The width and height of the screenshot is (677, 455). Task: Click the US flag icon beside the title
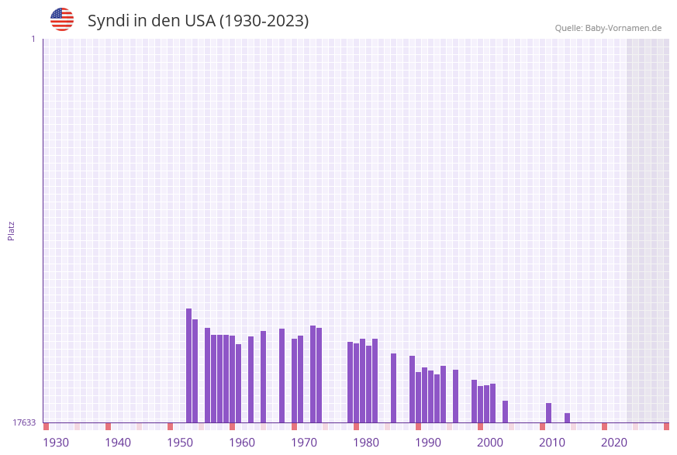tap(62, 19)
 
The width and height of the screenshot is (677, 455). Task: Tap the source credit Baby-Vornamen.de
tap(608, 28)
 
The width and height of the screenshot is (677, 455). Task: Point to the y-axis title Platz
tap(12, 231)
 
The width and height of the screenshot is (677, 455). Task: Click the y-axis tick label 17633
tap(24, 422)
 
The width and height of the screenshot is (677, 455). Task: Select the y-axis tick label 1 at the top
tap(33, 39)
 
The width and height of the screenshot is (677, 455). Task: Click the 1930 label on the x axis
tap(56, 443)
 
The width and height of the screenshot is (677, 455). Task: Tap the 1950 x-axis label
tap(180, 443)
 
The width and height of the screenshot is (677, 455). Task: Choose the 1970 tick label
tap(304, 443)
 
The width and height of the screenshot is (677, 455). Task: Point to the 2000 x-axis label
tap(490, 443)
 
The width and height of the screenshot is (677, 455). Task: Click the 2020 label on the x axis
tap(614, 443)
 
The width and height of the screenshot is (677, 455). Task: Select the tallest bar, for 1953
tap(188, 365)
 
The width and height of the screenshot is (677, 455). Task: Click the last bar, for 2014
tap(567, 418)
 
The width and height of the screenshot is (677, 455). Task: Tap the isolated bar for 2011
tap(548, 412)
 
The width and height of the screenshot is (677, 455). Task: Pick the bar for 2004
tap(505, 412)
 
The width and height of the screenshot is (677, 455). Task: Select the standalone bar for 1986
tap(393, 388)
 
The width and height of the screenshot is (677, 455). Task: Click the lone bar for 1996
tap(455, 395)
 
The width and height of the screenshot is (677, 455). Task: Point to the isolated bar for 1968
tap(282, 375)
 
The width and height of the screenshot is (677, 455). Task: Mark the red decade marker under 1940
tap(108, 426)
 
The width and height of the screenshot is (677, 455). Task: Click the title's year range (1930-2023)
tap(264, 21)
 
